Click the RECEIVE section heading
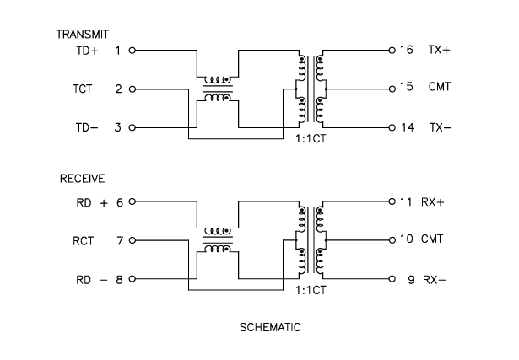click(x=76, y=180)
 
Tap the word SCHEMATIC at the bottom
click(x=271, y=326)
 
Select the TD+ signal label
click(x=88, y=51)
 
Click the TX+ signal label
click(x=439, y=51)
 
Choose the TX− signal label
click(x=439, y=127)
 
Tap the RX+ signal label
click(x=435, y=202)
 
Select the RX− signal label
click(x=434, y=279)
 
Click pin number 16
click(x=406, y=51)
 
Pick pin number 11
click(x=406, y=202)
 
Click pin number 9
click(x=409, y=279)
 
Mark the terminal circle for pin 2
click(x=132, y=89)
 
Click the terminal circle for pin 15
click(x=392, y=89)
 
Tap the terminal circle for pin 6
click(x=132, y=202)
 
